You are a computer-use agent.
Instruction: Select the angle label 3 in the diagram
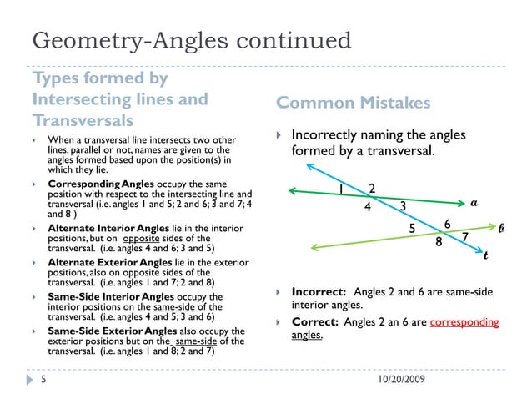[403, 206]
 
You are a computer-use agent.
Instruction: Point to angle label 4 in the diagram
[368, 209]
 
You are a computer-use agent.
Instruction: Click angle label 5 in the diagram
[411, 227]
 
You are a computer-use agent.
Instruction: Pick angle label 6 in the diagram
[447, 224]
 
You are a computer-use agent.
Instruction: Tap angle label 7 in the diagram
[466, 239]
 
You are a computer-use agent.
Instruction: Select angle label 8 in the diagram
[439, 245]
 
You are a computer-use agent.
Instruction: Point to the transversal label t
[485, 256]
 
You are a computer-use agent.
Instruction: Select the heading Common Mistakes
[354, 103]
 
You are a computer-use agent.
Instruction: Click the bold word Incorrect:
[319, 292]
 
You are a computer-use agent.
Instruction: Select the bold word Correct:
[314, 321]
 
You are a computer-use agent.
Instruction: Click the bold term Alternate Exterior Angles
[108, 263]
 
